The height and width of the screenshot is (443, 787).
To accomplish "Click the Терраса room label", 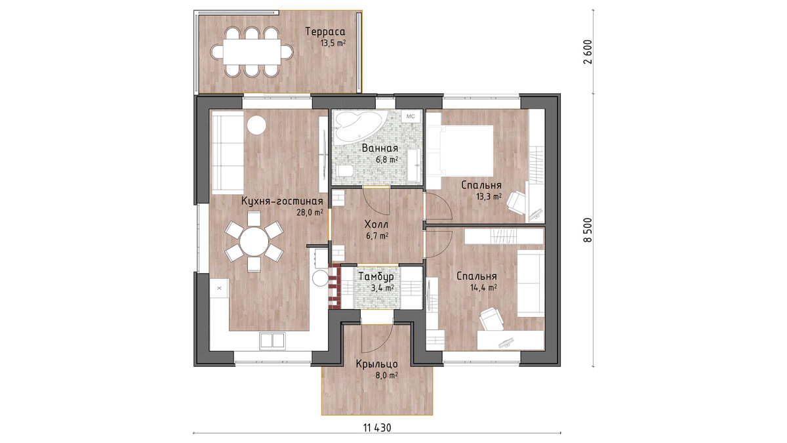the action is click(x=325, y=32).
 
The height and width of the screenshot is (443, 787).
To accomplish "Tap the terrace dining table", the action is click(x=252, y=52).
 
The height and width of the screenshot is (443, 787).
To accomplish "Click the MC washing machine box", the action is click(x=411, y=116).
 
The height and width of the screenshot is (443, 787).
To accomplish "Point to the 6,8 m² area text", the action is click(x=387, y=159).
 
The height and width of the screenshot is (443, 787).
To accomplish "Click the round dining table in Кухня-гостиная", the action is click(x=254, y=242).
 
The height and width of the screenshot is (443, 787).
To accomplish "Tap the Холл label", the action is click(x=376, y=224).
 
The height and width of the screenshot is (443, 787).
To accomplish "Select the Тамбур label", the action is click(x=376, y=277).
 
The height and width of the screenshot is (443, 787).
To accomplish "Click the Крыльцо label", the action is click(x=376, y=364).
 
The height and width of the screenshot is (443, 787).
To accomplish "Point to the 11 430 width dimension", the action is click(x=377, y=428).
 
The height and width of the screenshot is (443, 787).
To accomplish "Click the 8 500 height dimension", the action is click(x=587, y=230).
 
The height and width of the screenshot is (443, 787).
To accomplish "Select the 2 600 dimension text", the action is click(x=587, y=52).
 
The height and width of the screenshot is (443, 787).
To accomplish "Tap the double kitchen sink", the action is click(x=272, y=340).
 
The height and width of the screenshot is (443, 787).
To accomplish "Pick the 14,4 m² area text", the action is click(x=483, y=288).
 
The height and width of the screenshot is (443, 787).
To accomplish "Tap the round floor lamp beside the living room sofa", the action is click(x=256, y=125).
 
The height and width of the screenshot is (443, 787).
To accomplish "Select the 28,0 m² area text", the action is click(x=310, y=213).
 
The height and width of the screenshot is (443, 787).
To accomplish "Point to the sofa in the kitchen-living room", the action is click(x=228, y=152).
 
